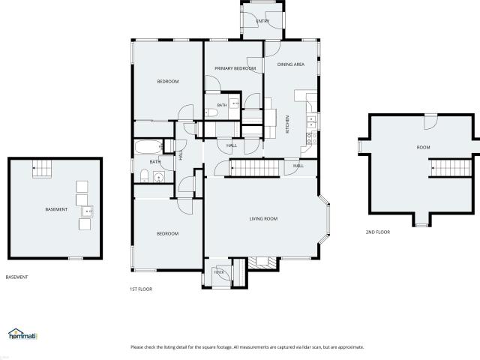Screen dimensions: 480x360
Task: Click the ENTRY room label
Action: point(262,21)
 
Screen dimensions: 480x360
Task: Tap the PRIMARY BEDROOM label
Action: point(235,68)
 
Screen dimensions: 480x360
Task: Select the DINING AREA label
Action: point(291,64)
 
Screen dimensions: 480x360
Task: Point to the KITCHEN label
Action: point(287,124)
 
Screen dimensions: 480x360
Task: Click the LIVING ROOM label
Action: point(263,218)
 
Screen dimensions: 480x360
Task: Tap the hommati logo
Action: point(22,334)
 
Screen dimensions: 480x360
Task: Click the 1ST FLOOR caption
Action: point(141,289)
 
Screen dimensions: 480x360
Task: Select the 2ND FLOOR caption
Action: point(378,232)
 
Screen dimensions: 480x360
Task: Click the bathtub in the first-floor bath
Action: point(148,147)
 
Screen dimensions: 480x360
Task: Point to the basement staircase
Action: point(42,169)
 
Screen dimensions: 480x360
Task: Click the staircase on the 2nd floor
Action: point(451,168)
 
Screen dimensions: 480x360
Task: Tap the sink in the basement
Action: point(87,211)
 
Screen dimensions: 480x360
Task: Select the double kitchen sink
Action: point(312,121)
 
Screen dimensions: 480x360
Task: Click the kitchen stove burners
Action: point(312,137)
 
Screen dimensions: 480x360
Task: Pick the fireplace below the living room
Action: point(262,262)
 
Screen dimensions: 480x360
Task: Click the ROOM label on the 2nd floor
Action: point(423,147)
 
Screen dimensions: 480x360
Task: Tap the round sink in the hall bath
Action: point(159,177)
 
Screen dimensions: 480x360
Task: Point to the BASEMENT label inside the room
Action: point(56,209)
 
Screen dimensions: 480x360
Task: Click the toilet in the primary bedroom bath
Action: point(211,113)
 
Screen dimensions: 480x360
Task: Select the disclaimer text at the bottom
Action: point(247,347)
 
